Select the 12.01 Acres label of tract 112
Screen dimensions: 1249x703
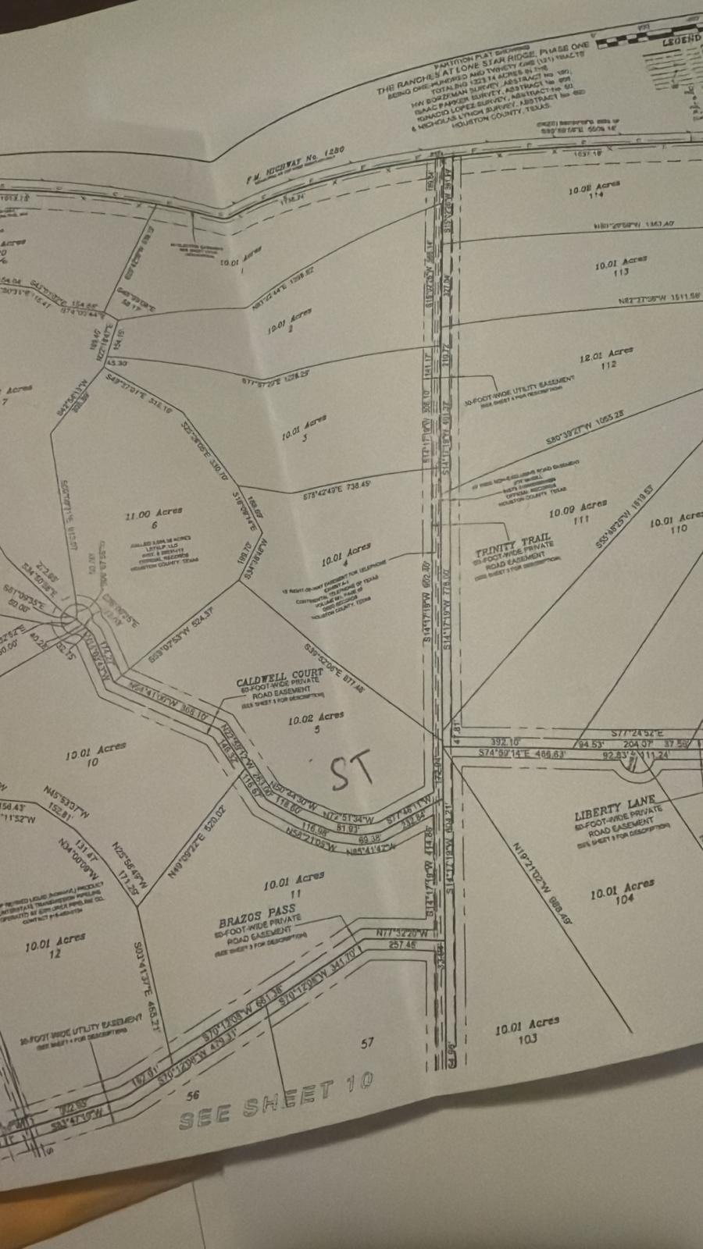click(x=606, y=356)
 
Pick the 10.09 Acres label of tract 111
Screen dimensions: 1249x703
click(x=578, y=511)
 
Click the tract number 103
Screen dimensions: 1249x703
click(x=527, y=1038)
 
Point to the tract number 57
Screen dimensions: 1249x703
click(x=368, y=1041)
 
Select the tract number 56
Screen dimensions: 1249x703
click(x=195, y=1095)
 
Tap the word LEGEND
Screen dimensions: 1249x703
click(x=681, y=40)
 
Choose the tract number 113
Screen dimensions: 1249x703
click(x=622, y=273)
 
